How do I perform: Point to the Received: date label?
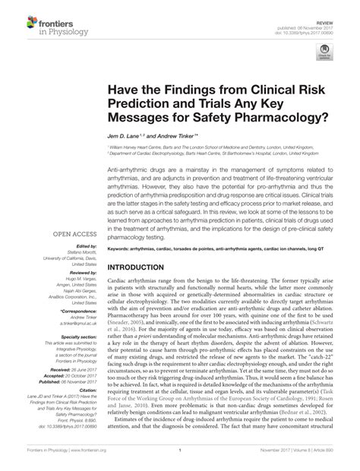click(57, 374)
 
